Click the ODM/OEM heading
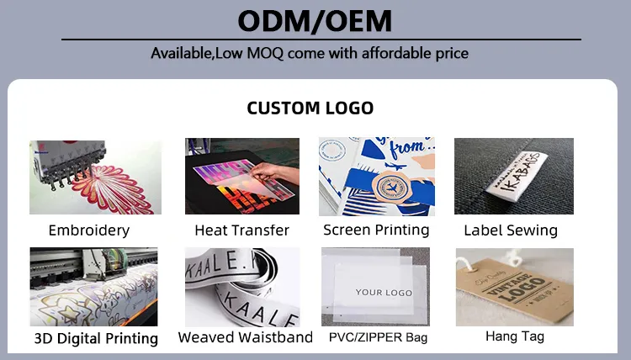point(315,19)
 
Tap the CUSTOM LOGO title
point(310,108)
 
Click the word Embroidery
point(89,230)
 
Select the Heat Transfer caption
point(241,230)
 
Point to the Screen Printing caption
point(376,229)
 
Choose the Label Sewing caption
point(511,230)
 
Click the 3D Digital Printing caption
point(96,339)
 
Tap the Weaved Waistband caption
point(245,337)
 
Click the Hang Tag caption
point(515,336)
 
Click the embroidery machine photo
point(95,177)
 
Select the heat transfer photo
point(241,177)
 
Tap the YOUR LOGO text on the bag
point(384,293)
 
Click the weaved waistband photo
point(241,287)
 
